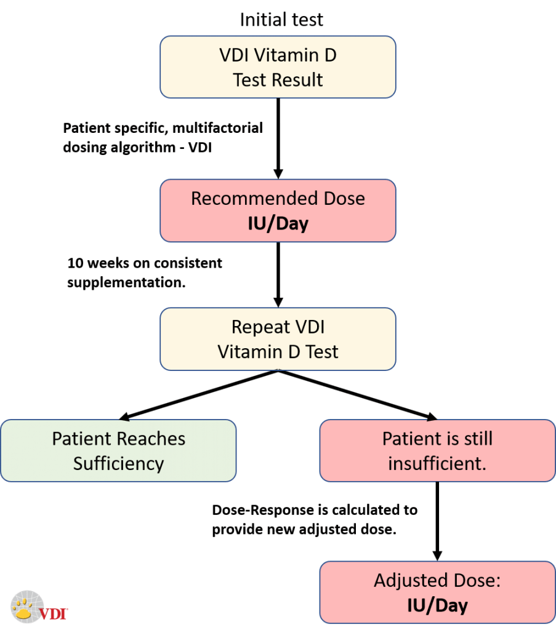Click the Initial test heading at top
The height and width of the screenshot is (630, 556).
click(281, 20)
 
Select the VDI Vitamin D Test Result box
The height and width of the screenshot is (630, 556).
click(278, 67)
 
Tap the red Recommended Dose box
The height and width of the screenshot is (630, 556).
click(278, 210)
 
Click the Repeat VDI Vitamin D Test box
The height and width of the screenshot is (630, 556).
click(278, 339)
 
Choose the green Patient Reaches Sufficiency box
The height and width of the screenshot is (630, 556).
click(118, 450)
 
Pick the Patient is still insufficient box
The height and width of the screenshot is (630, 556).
click(437, 450)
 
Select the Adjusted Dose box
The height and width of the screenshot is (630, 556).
click(437, 592)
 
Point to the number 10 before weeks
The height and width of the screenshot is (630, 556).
click(75, 263)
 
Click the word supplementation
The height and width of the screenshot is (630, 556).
click(126, 282)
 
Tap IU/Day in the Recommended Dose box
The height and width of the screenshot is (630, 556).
click(278, 223)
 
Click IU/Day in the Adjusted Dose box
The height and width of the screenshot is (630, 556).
click(437, 605)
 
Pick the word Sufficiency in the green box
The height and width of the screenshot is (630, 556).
click(118, 463)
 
